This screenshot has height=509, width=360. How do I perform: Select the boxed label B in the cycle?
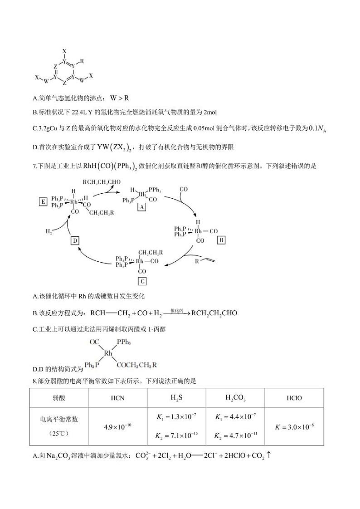tap(222, 240)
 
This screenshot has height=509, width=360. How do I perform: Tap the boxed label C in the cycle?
tap(142, 281)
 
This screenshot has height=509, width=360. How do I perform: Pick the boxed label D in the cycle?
tap(75, 240)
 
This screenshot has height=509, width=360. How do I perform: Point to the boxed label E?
tap(43, 202)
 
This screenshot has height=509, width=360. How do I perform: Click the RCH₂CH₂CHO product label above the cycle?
tap(102, 182)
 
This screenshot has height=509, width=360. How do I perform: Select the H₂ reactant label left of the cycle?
tap(49, 231)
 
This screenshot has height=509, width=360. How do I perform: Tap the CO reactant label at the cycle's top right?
tap(184, 189)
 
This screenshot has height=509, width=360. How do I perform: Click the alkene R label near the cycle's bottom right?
tap(197, 261)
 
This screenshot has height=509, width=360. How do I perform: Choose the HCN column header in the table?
tap(118, 398)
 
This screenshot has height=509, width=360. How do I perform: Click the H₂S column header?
tap(177, 398)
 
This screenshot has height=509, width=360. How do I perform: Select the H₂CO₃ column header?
tap(235, 398)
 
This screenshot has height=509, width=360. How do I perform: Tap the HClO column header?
tap(295, 398)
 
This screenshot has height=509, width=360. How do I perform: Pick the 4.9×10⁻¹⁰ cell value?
tap(118, 426)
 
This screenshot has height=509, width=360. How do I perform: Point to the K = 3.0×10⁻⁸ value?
tap(295, 426)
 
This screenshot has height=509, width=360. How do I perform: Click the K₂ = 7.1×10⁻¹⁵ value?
tap(177, 436)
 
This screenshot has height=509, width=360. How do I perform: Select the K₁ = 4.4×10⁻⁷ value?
tap(235, 416)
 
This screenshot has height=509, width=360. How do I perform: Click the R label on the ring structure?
tap(82, 60)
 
